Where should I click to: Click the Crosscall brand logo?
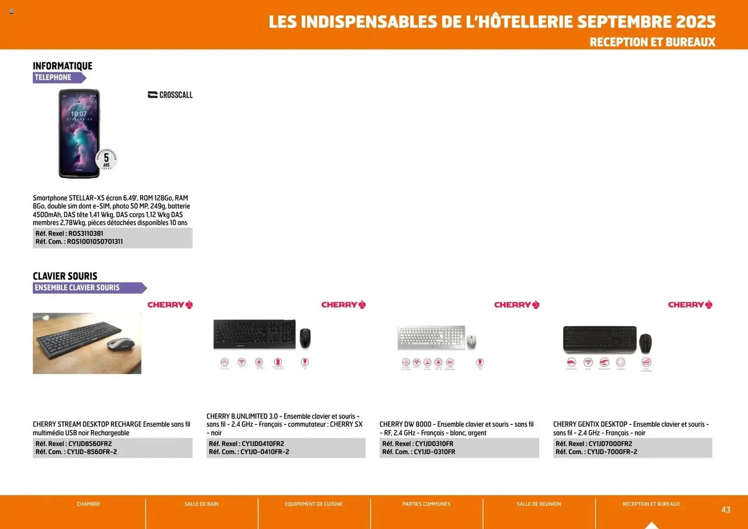[x=170, y=95]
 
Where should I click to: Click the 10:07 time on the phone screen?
[x=79, y=114]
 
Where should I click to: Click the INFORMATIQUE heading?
[x=62, y=66]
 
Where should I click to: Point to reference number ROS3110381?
[x=86, y=233]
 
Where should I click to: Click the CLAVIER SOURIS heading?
[x=65, y=276]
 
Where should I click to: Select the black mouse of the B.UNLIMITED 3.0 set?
[x=305, y=338]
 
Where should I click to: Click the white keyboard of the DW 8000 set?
[x=431, y=337]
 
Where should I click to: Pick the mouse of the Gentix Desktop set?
[x=646, y=343]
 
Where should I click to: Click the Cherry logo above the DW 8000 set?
[x=517, y=305]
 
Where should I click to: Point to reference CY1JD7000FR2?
[x=610, y=444]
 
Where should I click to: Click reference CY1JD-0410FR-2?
[x=265, y=452]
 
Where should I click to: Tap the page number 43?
[x=725, y=510]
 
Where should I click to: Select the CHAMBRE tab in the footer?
[x=88, y=504]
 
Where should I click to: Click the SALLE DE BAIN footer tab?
[x=201, y=504]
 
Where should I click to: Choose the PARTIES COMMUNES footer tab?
[x=426, y=504]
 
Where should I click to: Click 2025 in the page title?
[x=696, y=22]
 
